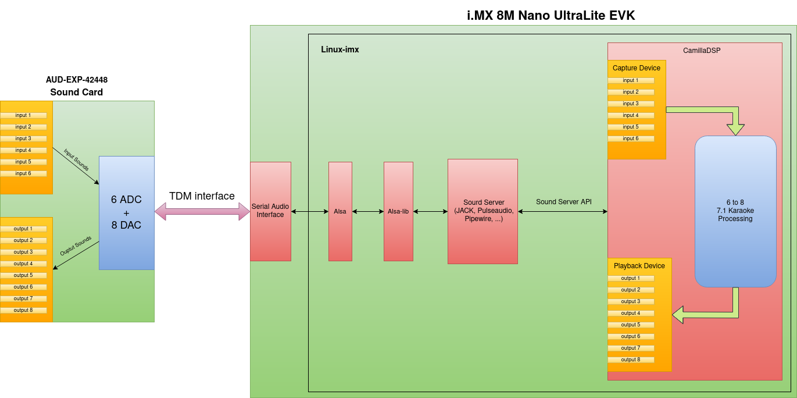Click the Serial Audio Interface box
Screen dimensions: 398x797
pos(270,211)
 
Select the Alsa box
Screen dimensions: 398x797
pos(340,211)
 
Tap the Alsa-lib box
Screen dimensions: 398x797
pos(398,211)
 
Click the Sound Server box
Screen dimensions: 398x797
pos(483,211)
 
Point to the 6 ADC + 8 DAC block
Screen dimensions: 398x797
pos(126,212)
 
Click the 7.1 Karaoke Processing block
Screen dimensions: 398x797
pos(735,211)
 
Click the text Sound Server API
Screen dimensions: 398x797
pos(563,202)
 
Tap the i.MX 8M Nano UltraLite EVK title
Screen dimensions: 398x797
pos(551,16)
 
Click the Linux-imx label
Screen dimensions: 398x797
pos(340,50)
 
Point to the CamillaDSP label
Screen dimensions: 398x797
pos(702,51)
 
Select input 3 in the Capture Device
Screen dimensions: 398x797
pos(631,104)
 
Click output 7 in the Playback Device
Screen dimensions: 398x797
pos(631,348)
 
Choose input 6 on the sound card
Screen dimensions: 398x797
pos(23,173)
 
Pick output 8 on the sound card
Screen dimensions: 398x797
pos(23,310)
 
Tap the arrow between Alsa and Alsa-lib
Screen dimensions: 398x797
pos(367,212)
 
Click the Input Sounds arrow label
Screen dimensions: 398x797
pos(76,160)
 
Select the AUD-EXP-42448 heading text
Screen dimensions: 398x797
pos(77,80)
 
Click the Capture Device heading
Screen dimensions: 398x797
pos(637,68)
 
